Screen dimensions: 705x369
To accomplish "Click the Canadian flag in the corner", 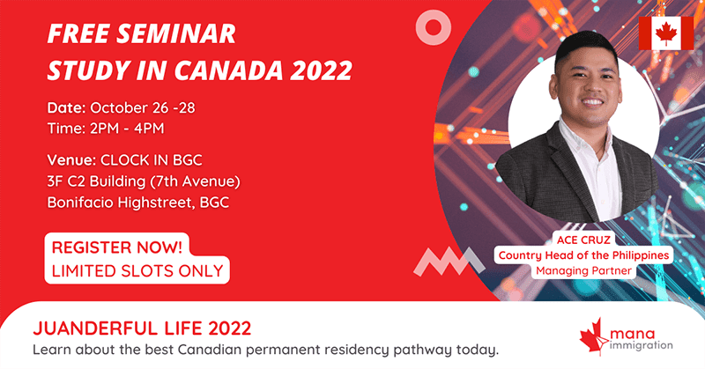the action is (666, 33).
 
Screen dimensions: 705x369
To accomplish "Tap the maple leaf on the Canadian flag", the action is (666, 33).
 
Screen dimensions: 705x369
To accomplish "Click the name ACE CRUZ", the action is (583, 240).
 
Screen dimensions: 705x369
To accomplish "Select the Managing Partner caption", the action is (583, 270).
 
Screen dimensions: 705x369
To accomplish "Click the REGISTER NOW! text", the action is (117, 247).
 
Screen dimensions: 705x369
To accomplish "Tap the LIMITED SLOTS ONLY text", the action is (137, 270).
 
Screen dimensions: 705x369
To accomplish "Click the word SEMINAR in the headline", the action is (176, 33).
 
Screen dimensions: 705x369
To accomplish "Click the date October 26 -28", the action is (143, 107).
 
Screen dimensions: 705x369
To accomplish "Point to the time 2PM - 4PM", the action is (127, 129).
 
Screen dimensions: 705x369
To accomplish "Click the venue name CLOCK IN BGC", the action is (151, 160).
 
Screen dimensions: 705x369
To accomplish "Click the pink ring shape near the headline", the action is (433, 28).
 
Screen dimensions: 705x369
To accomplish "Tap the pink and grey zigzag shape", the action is (449, 262).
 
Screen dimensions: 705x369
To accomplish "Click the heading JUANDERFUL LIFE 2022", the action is (142, 328).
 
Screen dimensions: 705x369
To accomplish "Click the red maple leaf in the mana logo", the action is (594, 336).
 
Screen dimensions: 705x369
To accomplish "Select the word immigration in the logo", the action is (642, 345).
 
